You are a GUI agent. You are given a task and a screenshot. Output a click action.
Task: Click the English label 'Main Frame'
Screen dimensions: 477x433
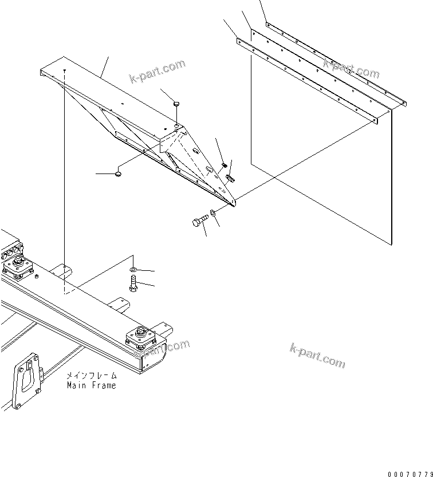[91, 385]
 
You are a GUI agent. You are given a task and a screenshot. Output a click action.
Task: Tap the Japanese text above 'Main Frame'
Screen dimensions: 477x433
[91, 376]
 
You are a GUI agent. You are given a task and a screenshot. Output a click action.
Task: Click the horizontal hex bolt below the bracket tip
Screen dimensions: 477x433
[199, 222]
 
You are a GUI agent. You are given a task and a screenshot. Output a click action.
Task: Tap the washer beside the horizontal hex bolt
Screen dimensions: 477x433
[213, 212]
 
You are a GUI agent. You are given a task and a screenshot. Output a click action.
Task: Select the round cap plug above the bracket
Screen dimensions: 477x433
[177, 104]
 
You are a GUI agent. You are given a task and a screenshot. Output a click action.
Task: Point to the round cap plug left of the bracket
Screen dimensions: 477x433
[119, 173]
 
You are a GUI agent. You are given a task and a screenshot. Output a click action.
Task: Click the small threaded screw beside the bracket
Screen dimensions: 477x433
[224, 166]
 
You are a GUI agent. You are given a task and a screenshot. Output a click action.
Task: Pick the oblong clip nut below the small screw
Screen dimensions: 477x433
[230, 179]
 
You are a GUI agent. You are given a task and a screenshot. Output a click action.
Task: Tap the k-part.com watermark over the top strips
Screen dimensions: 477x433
[351, 68]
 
